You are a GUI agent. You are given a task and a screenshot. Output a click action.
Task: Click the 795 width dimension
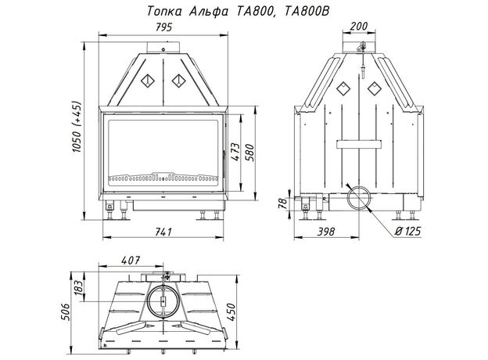(163, 27)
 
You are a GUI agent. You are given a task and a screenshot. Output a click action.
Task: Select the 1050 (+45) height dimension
(77, 127)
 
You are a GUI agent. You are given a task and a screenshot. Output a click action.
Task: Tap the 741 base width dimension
(163, 232)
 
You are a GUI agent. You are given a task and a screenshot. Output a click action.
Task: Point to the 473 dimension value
(236, 152)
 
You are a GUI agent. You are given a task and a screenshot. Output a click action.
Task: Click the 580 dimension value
(250, 153)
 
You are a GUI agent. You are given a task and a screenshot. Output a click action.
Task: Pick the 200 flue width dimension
(359, 26)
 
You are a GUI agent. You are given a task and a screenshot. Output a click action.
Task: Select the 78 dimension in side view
(282, 203)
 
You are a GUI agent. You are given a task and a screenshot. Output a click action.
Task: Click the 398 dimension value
(326, 232)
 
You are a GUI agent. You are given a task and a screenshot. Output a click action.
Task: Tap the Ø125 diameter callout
(407, 232)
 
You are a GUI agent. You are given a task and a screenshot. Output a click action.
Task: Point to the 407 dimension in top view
(131, 260)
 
